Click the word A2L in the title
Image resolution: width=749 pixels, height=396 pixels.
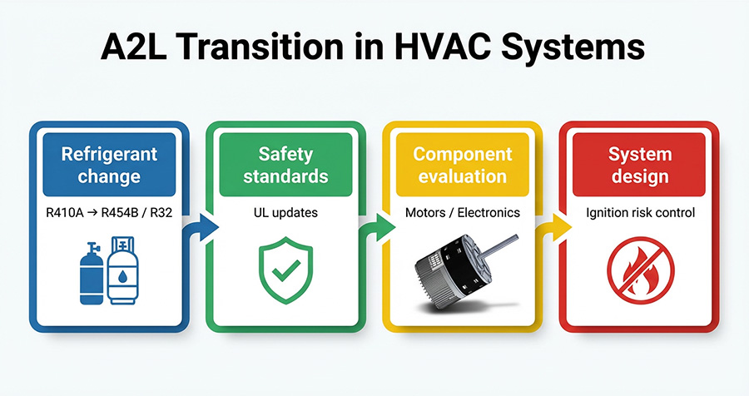pos(133,47)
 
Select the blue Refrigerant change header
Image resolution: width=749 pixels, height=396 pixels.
pos(109,165)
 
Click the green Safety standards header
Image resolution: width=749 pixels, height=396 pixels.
pos(285,165)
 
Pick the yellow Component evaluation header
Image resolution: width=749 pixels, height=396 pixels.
pos(463,165)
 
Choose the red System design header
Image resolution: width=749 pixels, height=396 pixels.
pos(639,165)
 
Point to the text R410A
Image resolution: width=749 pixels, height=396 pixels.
pos(64,213)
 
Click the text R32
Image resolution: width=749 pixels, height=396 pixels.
pos(161,213)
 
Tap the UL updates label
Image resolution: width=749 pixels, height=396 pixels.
pos(285,213)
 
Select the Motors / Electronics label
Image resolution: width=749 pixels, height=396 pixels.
pos(463,213)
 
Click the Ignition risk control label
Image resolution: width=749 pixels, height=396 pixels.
pos(640,213)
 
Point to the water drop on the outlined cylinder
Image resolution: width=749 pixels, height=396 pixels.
pos(123,276)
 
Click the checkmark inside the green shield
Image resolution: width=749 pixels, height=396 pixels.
pos(286,270)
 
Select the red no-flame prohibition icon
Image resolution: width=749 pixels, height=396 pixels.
pos(641,270)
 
